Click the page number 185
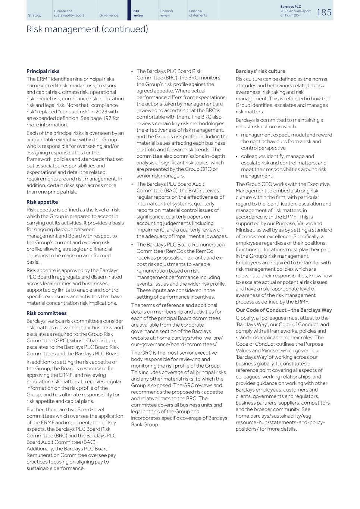coord(324,12)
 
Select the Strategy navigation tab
coord(35,15)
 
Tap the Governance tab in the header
coord(109,15)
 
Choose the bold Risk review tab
coord(138,13)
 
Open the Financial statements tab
coord(198,13)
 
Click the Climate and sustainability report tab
coord(69,13)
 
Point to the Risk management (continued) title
coord(87,29)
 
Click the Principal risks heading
coord(43,71)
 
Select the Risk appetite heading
coord(42,202)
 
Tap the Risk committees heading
coord(47,313)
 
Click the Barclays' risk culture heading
coord(260,71)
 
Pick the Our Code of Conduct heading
coord(284,310)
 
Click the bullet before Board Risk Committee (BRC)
coord(132,71)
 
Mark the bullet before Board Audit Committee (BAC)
coord(132,184)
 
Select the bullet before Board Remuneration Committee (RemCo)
coord(132,245)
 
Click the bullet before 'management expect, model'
coord(237,135)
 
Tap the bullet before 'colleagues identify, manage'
coord(237,157)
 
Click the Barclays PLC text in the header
coord(291,7)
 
